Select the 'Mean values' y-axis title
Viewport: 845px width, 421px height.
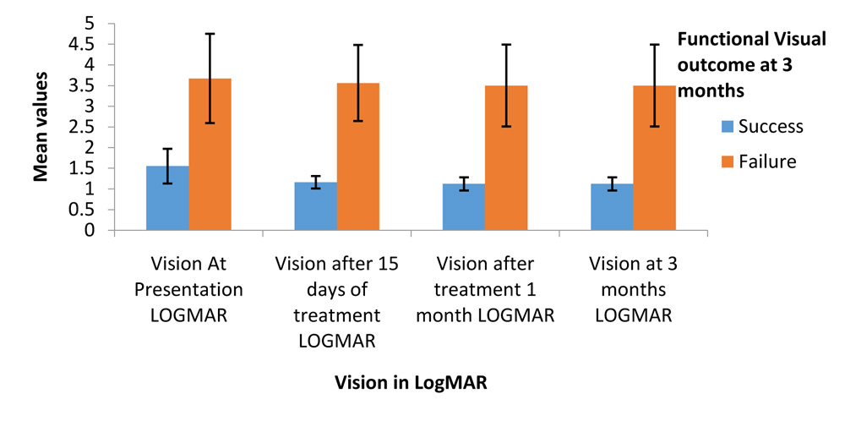pyautogui.click(x=40, y=127)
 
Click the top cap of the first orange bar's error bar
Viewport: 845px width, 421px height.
pyautogui.click(x=210, y=34)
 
